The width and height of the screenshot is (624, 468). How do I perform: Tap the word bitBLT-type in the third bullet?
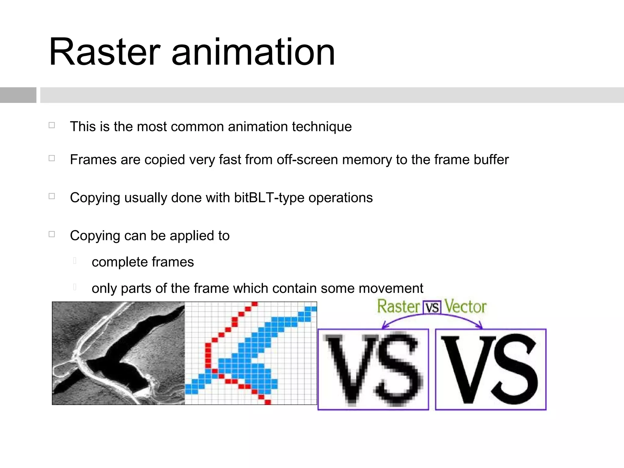269,198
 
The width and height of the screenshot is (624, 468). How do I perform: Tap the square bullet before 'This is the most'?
52,125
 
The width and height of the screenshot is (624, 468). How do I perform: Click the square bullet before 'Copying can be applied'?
52,234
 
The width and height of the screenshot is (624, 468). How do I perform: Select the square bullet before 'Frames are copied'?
52,158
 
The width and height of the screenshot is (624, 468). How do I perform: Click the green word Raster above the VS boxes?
399,307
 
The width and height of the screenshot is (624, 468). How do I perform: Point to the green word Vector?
465,307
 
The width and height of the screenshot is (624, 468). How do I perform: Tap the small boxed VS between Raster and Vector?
432,308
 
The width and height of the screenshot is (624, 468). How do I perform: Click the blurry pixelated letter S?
396,370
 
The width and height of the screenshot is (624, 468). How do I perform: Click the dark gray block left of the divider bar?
18,95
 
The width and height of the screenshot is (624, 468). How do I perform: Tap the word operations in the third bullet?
340,198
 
